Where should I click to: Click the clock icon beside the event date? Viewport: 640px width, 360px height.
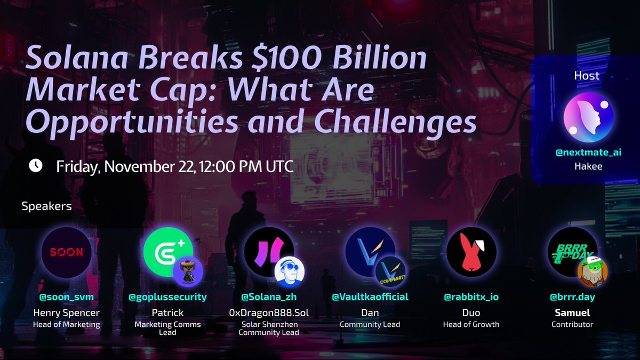[36, 166]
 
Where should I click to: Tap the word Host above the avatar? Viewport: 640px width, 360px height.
[587, 75]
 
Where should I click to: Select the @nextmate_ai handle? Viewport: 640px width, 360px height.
[588, 153]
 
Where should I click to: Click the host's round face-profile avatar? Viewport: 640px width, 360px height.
[589, 117]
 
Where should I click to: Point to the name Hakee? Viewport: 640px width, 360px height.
[588, 166]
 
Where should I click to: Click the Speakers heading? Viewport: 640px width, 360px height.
[46, 206]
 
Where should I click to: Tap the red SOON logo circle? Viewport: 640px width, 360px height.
[67, 252]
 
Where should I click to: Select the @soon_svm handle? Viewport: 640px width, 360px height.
[67, 297]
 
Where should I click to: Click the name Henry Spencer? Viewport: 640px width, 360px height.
[67, 313]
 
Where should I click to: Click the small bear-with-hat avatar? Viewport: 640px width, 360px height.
[188, 271]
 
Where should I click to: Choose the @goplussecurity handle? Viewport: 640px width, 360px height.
[167, 297]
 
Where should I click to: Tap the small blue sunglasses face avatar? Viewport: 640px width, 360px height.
[290, 271]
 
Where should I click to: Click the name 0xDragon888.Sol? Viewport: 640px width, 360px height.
[269, 313]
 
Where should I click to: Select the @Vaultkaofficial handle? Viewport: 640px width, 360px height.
[370, 297]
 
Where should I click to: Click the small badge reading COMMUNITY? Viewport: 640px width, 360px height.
[390, 271]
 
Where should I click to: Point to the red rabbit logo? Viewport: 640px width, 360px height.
[471, 252]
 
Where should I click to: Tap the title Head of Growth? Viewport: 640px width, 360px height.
[471, 324]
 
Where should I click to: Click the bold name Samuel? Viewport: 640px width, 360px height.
[572, 313]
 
